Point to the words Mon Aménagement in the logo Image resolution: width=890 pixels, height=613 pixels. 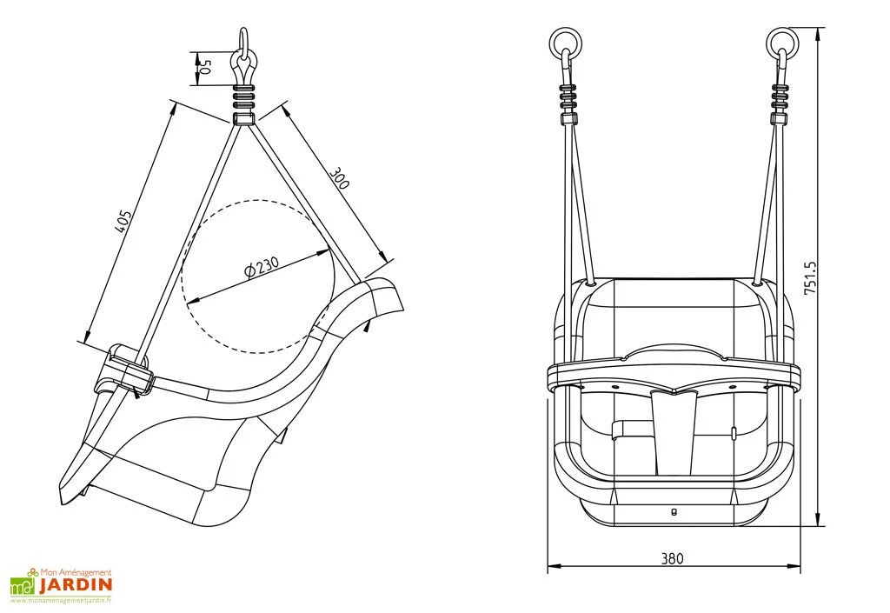(77, 572)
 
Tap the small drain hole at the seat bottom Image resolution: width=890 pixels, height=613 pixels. (674, 511)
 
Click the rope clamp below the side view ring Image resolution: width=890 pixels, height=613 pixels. (244, 93)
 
